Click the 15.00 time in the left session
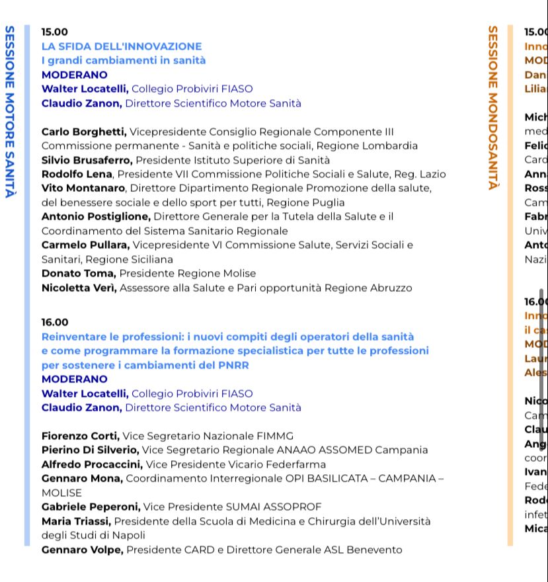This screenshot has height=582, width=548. [x=54, y=32]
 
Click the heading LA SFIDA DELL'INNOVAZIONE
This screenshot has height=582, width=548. [x=122, y=46]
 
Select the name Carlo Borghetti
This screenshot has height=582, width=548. [x=84, y=132]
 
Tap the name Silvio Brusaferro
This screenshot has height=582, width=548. [x=87, y=160]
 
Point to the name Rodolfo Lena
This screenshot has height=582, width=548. [x=77, y=174]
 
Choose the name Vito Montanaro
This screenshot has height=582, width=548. [x=83, y=188]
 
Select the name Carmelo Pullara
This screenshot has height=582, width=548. [x=85, y=245]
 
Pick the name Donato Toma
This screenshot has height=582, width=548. [x=79, y=273]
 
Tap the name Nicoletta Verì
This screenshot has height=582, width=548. [x=79, y=288]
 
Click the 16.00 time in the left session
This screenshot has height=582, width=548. [x=54, y=322]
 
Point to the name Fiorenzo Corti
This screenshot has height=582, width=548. [x=80, y=436]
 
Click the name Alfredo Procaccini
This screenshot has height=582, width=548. [x=91, y=464]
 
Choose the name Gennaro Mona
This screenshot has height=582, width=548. [x=82, y=478]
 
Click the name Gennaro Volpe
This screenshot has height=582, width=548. [x=82, y=550]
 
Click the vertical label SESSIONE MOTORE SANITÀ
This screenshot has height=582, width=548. [x=10, y=112]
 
